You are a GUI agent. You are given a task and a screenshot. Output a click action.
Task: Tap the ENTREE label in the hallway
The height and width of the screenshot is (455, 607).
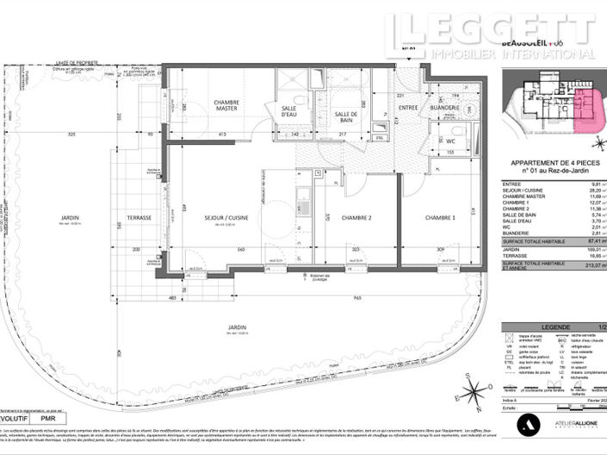[407, 106]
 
